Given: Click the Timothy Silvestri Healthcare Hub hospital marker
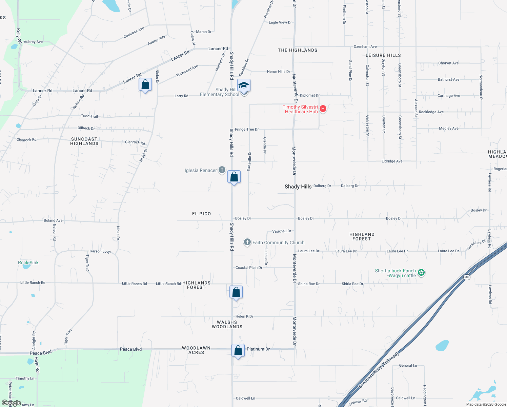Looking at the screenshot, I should click(x=323, y=109).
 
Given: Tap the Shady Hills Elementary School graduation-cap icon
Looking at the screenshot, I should click(x=244, y=85).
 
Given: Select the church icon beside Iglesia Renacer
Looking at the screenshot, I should click(x=222, y=170).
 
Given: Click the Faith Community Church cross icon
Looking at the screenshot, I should click(x=247, y=242).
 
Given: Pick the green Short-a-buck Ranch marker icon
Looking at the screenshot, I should click(x=421, y=272).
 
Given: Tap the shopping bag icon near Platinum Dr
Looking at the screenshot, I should click(x=238, y=350).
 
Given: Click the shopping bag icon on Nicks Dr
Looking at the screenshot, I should click(x=145, y=85).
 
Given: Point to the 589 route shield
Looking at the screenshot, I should click(x=467, y=277).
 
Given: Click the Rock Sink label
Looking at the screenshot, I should click(x=28, y=263).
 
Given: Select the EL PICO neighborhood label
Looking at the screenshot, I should click(x=201, y=214).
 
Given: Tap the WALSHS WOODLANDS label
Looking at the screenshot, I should click(x=227, y=325).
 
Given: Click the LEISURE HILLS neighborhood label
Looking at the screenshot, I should click(x=383, y=55).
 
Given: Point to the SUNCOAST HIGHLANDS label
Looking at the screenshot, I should click(x=84, y=141).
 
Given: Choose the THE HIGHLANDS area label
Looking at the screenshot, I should click(x=298, y=50).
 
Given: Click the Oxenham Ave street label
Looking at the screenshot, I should click(x=365, y=46).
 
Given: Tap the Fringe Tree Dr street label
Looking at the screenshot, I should click(x=247, y=129).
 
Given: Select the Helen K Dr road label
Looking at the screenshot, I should click(x=244, y=316).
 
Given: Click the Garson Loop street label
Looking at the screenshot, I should click(x=100, y=251).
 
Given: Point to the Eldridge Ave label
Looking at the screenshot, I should click(x=392, y=161).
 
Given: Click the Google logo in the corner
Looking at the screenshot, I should click(x=12, y=403).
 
